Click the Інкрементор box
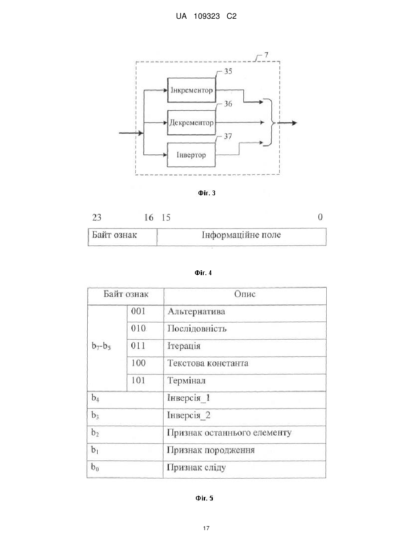tap(191, 90)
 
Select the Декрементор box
tap(191, 123)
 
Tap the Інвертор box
tap(191, 155)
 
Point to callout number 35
tap(228, 72)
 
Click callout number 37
tap(228, 136)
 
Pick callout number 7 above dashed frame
tap(267, 55)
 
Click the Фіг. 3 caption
tap(207, 193)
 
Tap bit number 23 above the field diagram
tap(97, 217)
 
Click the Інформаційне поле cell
tap(242, 237)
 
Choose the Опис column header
tap(245, 296)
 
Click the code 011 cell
tap(145, 348)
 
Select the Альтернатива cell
tap(245, 313)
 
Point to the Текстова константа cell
tap(245, 365)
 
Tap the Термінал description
tap(186, 381)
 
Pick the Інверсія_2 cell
tap(245, 417)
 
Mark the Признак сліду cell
tap(244, 470)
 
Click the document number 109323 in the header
tap(207, 17)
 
